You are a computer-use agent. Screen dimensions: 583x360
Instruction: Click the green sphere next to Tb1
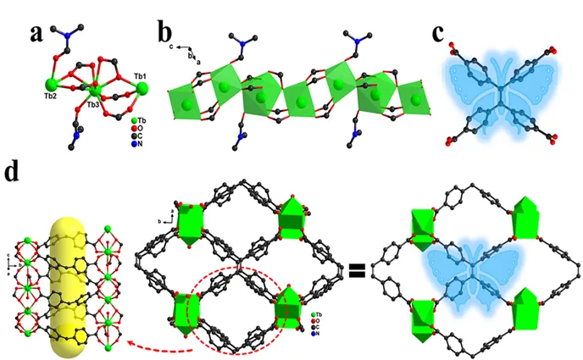pos(142,88)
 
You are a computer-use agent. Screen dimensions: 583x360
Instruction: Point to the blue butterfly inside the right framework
pos(473,263)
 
